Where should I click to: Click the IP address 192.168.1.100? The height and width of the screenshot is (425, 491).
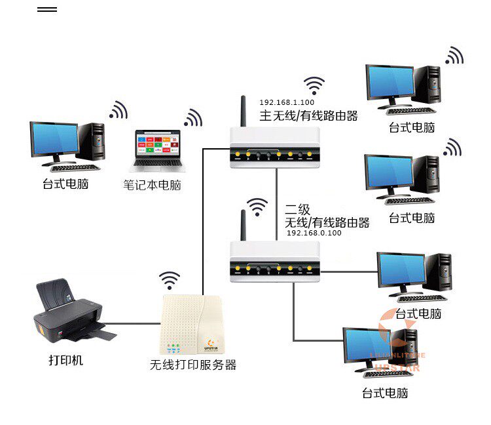pyautogui.click(x=287, y=102)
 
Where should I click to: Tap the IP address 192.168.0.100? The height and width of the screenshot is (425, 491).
pyautogui.click(x=314, y=233)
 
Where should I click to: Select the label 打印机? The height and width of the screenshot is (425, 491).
pyautogui.click(x=66, y=360)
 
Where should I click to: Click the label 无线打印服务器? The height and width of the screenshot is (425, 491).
pyautogui.click(x=193, y=365)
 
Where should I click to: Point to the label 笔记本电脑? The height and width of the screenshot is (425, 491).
pyautogui.click(x=153, y=185)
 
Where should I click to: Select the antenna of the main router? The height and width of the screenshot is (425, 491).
pyautogui.click(x=242, y=112)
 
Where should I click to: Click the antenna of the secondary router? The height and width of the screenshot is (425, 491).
pyautogui.click(x=242, y=226)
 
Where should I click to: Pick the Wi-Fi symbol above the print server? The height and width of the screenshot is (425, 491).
pyautogui.click(x=170, y=280)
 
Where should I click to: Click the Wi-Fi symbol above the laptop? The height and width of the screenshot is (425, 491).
pyautogui.click(x=192, y=117)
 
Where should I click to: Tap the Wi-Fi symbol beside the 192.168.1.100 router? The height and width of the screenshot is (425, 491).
pyautogui.click(x=314, y=85)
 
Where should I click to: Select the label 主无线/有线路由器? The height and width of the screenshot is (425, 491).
pyautogui.click(x=309, y=116)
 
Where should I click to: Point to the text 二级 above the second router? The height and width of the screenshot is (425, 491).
pyautogui.click(x=297, y=210)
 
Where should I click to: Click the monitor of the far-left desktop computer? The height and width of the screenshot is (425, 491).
pyautogui.click(x=54, y=138)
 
